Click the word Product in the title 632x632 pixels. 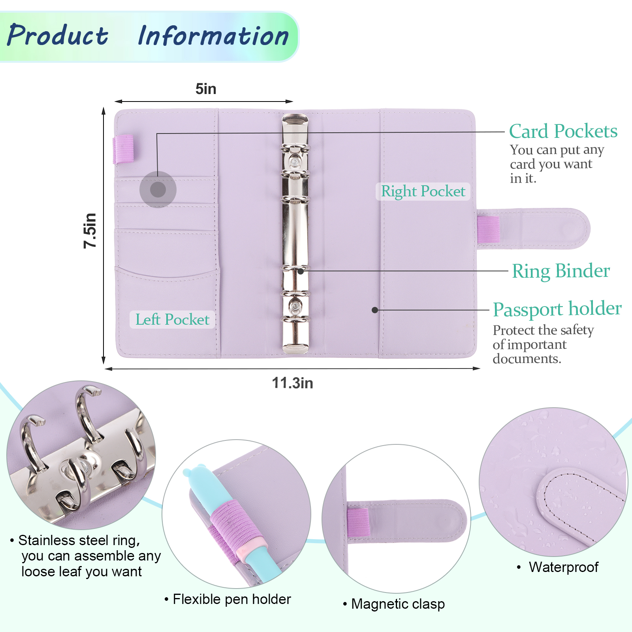(x=58, y=36)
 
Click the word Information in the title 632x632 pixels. (x=213, y=36)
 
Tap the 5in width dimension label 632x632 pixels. (x=206, y=89)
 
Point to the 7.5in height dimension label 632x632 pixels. (x=90, y=231)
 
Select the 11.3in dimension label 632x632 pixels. (x=292, y=383)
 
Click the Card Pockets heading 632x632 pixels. (x=563, y=131)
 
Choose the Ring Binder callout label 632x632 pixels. (x=561, y=271)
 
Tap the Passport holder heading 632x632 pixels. (x=557, y=309)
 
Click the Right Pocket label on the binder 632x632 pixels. (x=423, y=192)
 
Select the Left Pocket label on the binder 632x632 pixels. (x=172, y=320)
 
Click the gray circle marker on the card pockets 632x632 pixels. (x=158, y=190)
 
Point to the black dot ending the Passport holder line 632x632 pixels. (x=375, y=310)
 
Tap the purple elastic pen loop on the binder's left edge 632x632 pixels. (x=124, y=149)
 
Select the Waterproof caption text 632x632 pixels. (x=563, y=567)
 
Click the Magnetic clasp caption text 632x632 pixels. (x=398, y=604)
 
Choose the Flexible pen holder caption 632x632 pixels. (x=232, y=599)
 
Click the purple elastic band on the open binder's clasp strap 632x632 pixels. (x=489, y=229)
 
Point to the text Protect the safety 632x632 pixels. (x=543, y=330)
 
